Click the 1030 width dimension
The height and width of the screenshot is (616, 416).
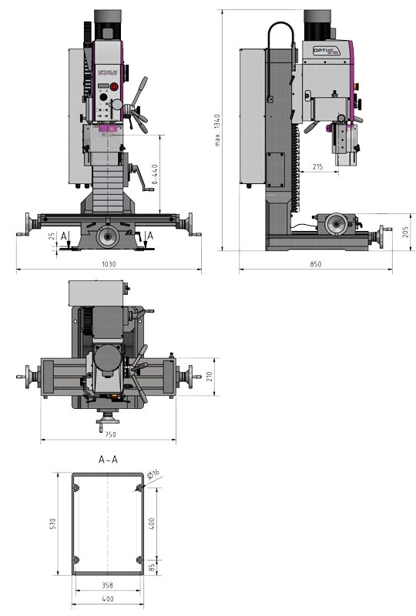pos(108,264)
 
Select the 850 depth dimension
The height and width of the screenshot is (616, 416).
pos(316,264)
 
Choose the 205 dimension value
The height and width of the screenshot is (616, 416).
pos(405,233)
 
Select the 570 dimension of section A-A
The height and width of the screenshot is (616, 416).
pos(53,524)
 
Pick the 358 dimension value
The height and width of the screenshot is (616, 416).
pos(108,585)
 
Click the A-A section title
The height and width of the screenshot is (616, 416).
pos(108,460)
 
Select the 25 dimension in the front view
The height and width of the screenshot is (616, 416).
pos(52,236)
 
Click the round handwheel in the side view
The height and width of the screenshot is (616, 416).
pos(335,225)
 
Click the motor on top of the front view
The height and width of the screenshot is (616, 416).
pos(108,25)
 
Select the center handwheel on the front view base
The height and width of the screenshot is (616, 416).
pos(107,236)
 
